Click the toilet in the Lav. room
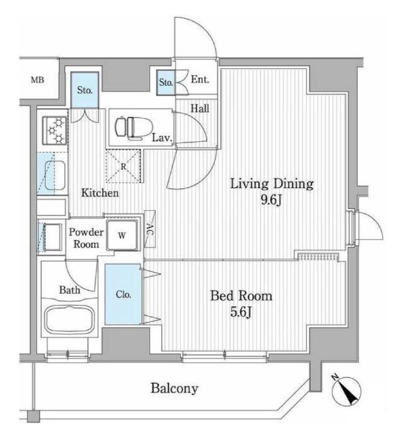(134, 127)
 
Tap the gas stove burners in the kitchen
(54, 130)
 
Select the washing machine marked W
(122, 235)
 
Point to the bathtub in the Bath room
(69, 320)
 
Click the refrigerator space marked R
(124, 166)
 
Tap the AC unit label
(150, 228)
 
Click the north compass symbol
(346, 389)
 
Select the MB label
(37, 80)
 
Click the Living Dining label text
(272, 184)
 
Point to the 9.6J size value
(271, 200)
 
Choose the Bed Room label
(241, 295)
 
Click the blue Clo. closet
(123, 294)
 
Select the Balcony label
(175, 388)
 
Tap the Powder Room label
(86, 238)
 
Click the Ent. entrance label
(200, 80)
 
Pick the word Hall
(200, 108)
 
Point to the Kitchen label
(100, 192)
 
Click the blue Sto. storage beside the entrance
(166, 82)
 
